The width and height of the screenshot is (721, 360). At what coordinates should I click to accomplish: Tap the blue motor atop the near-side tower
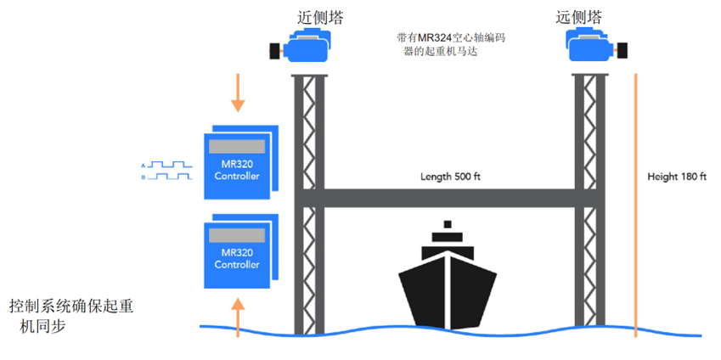point(307,50)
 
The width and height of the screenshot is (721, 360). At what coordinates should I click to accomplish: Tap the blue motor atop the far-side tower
point(592,50)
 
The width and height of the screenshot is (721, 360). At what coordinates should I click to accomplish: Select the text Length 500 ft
point(451,177)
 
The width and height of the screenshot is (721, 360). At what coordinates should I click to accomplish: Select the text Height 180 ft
point(677,177)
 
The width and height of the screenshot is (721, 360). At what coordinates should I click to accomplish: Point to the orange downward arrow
point(239,93)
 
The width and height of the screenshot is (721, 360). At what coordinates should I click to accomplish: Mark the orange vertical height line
point(635,204)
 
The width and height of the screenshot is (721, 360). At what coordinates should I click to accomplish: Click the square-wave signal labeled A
point(170,164)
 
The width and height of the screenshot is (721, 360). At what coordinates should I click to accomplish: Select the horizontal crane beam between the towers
point(450,198)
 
